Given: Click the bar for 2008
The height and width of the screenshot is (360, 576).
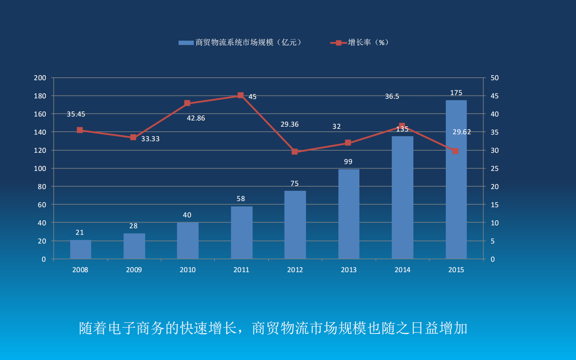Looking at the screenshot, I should click(x=81, y=249).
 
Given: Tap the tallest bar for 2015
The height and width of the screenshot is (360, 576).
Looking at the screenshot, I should click(x=456, y=179).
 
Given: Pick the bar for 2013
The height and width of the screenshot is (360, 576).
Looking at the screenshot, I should click(x=349, y=214).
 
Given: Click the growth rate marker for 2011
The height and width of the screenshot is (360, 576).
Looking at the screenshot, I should click(x=240, y=95).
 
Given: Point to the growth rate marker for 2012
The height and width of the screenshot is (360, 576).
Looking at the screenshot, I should click(x=295, y=151).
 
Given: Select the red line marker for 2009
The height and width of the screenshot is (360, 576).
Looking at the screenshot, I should click(x=133, y=137).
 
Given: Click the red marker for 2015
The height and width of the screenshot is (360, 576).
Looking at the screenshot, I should click(x=456, y=151).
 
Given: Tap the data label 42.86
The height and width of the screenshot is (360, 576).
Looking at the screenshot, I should click(x=196, y=118).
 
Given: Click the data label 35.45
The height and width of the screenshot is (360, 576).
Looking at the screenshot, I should click(x=76, y=114).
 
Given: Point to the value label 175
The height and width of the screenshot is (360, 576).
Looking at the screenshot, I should click(x=456, y=93).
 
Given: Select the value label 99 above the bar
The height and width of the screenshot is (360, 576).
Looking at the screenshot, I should click(x=348, y=162).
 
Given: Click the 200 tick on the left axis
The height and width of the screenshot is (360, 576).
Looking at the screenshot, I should click(x=40, y=78).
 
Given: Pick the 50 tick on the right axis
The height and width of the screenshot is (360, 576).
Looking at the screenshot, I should click(x=494, y=78).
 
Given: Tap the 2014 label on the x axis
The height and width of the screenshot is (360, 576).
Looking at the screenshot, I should click(x=402, y=270).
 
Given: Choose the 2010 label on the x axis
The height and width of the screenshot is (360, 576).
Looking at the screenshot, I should click(x=187, y=270).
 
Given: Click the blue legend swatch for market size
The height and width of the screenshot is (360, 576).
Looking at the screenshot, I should click(x=186, y=43).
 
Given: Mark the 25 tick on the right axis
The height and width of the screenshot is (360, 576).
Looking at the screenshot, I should click(x=494, y=169).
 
